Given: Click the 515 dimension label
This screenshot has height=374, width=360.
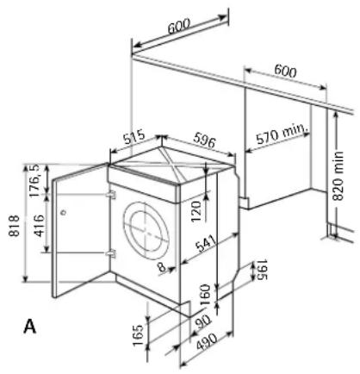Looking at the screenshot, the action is click(x=134, y=137).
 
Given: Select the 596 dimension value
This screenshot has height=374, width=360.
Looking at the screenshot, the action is click(x=204, y=140).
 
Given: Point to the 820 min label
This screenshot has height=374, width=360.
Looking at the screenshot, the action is click(x=338, y=176).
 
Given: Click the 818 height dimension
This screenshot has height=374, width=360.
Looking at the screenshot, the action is click(x=14, y=226).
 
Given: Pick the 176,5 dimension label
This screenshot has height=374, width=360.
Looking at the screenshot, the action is click(x=36, y=181).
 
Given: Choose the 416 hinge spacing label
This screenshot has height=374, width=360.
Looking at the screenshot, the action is click(x=39, y=226).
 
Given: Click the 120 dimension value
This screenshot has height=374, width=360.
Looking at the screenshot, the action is click(x=196, y=211).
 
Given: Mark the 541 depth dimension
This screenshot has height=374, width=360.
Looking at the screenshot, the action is click(x=206, y=243).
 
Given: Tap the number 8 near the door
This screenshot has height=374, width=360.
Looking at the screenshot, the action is click(x=162, y=267).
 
